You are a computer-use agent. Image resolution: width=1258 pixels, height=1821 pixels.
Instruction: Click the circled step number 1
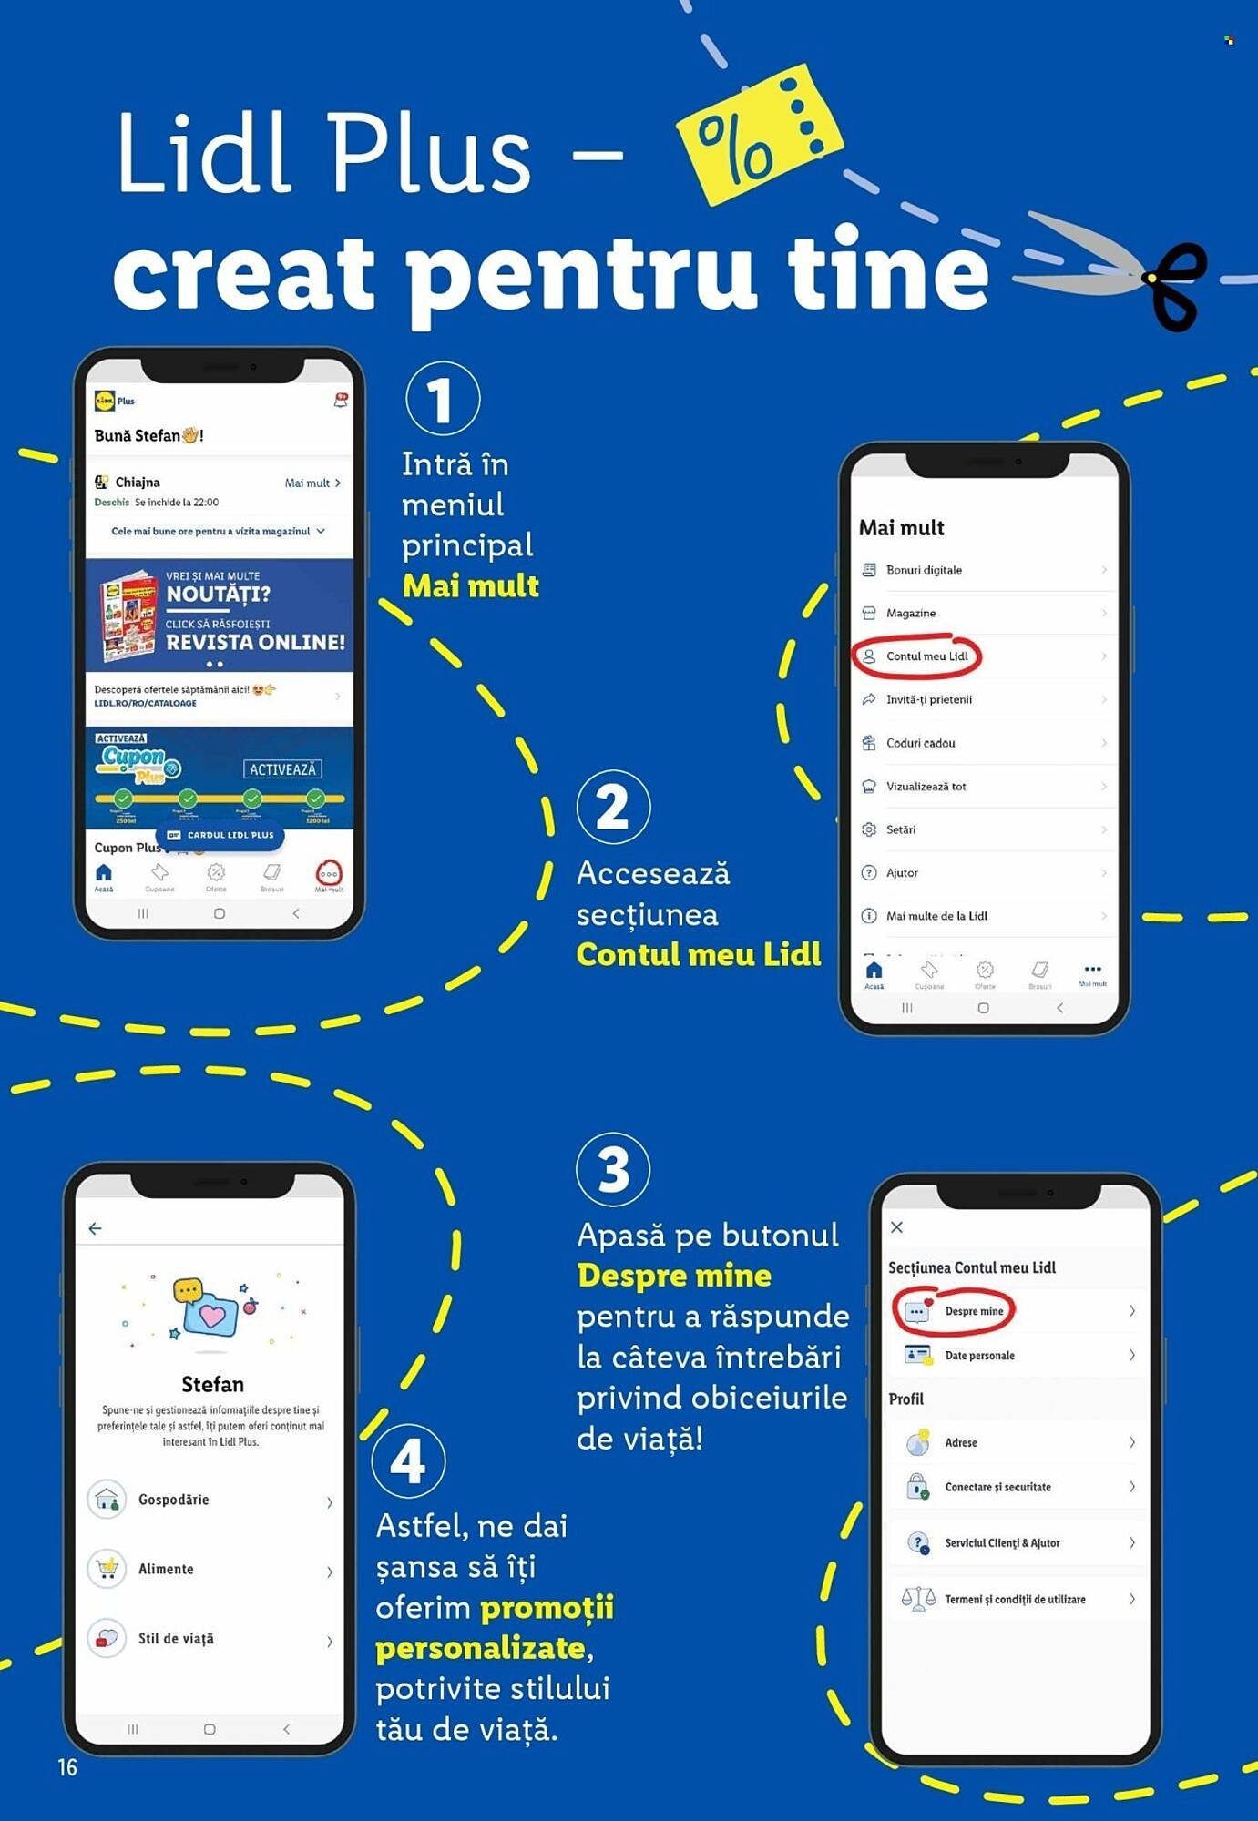click(x=442, y=399)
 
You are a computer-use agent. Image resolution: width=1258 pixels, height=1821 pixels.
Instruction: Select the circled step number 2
click(x=613, y=807)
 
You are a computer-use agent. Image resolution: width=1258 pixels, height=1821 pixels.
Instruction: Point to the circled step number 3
click(x=613, y=1169)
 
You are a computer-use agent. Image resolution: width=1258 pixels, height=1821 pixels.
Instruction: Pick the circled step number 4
click(x=408, y=1460)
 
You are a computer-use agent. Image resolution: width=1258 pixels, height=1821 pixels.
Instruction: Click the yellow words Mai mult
click(x=470, y=585)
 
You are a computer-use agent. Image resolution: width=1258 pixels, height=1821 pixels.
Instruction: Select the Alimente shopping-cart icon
click(x=107, y=1569)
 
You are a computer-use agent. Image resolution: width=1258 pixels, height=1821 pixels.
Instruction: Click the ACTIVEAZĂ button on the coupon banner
click(x=282, y=769)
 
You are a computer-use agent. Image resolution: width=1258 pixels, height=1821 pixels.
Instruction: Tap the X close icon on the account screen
click(x=896, y=1227)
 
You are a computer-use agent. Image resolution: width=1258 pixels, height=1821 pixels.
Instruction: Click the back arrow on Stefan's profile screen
click(x=95, y=1228)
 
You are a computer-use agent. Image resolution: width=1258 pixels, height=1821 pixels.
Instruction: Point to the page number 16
click(x=67, y=1767)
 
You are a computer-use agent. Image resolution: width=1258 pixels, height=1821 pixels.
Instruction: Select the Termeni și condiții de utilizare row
click(x=1016, y=1599)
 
